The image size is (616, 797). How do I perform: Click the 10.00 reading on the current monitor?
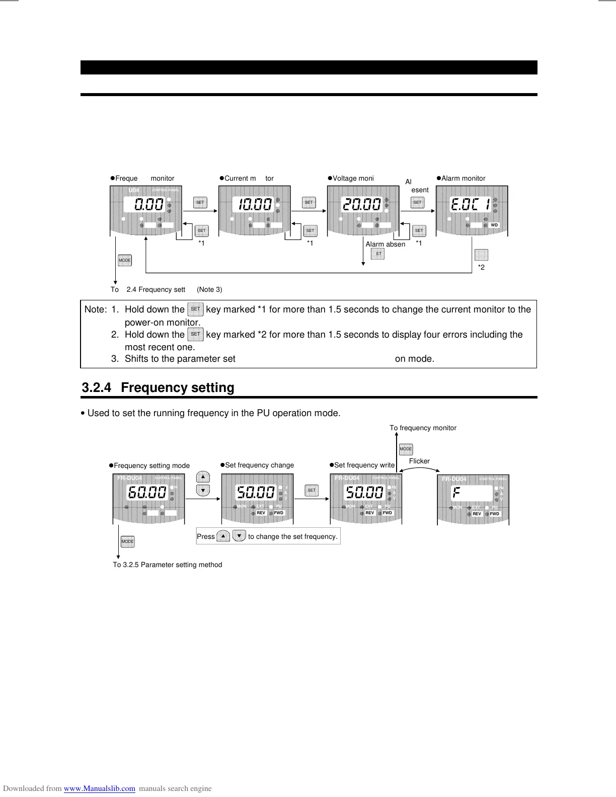[255, 204]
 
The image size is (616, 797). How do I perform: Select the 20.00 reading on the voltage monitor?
[361, 204]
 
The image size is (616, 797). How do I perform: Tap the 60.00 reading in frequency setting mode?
[146, 493]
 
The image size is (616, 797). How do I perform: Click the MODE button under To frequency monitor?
[406, 449]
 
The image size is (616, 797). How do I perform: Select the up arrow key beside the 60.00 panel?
[203, 477]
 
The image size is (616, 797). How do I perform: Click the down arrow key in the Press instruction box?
[239, 536]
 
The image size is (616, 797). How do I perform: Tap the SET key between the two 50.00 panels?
[312, 490]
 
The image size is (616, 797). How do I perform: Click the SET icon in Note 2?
[195, 334]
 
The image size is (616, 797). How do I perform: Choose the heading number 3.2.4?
[97, 387]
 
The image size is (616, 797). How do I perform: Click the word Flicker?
[419, 461]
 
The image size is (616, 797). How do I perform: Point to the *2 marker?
[481, 267]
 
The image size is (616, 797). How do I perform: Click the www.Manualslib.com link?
[100, 788]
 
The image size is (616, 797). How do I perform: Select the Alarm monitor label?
[463, 178]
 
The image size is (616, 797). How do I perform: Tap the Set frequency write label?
[364, 465]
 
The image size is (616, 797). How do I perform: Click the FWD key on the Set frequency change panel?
[279, 513]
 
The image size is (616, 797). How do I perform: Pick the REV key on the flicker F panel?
[477, 514]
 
